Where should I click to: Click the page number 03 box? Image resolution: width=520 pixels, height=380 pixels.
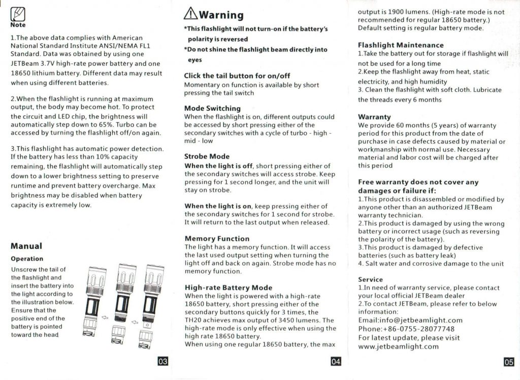[x=162, y=361]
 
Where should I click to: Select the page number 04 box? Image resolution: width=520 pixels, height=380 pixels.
[x=335, y=361]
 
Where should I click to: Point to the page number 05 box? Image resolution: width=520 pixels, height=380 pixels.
[x=508, y=362]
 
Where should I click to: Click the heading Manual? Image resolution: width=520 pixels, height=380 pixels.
[x=26, y=246]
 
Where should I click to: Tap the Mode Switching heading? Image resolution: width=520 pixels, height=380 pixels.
[x=212, y=108]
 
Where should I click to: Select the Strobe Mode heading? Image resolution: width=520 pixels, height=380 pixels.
[x=207, y=156]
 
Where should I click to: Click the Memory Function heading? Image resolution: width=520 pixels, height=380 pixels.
[x=217, y=238]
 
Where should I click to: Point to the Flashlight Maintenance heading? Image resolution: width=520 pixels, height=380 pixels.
[x=401, y=45]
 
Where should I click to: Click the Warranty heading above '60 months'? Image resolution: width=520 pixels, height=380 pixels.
[x=374, y=117]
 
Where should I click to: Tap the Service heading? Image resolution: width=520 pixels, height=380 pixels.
[x=370, y=279]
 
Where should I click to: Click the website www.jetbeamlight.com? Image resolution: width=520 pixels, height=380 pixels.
[x=398, y=346]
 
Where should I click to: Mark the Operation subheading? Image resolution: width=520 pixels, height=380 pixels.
[x=27, y=259]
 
